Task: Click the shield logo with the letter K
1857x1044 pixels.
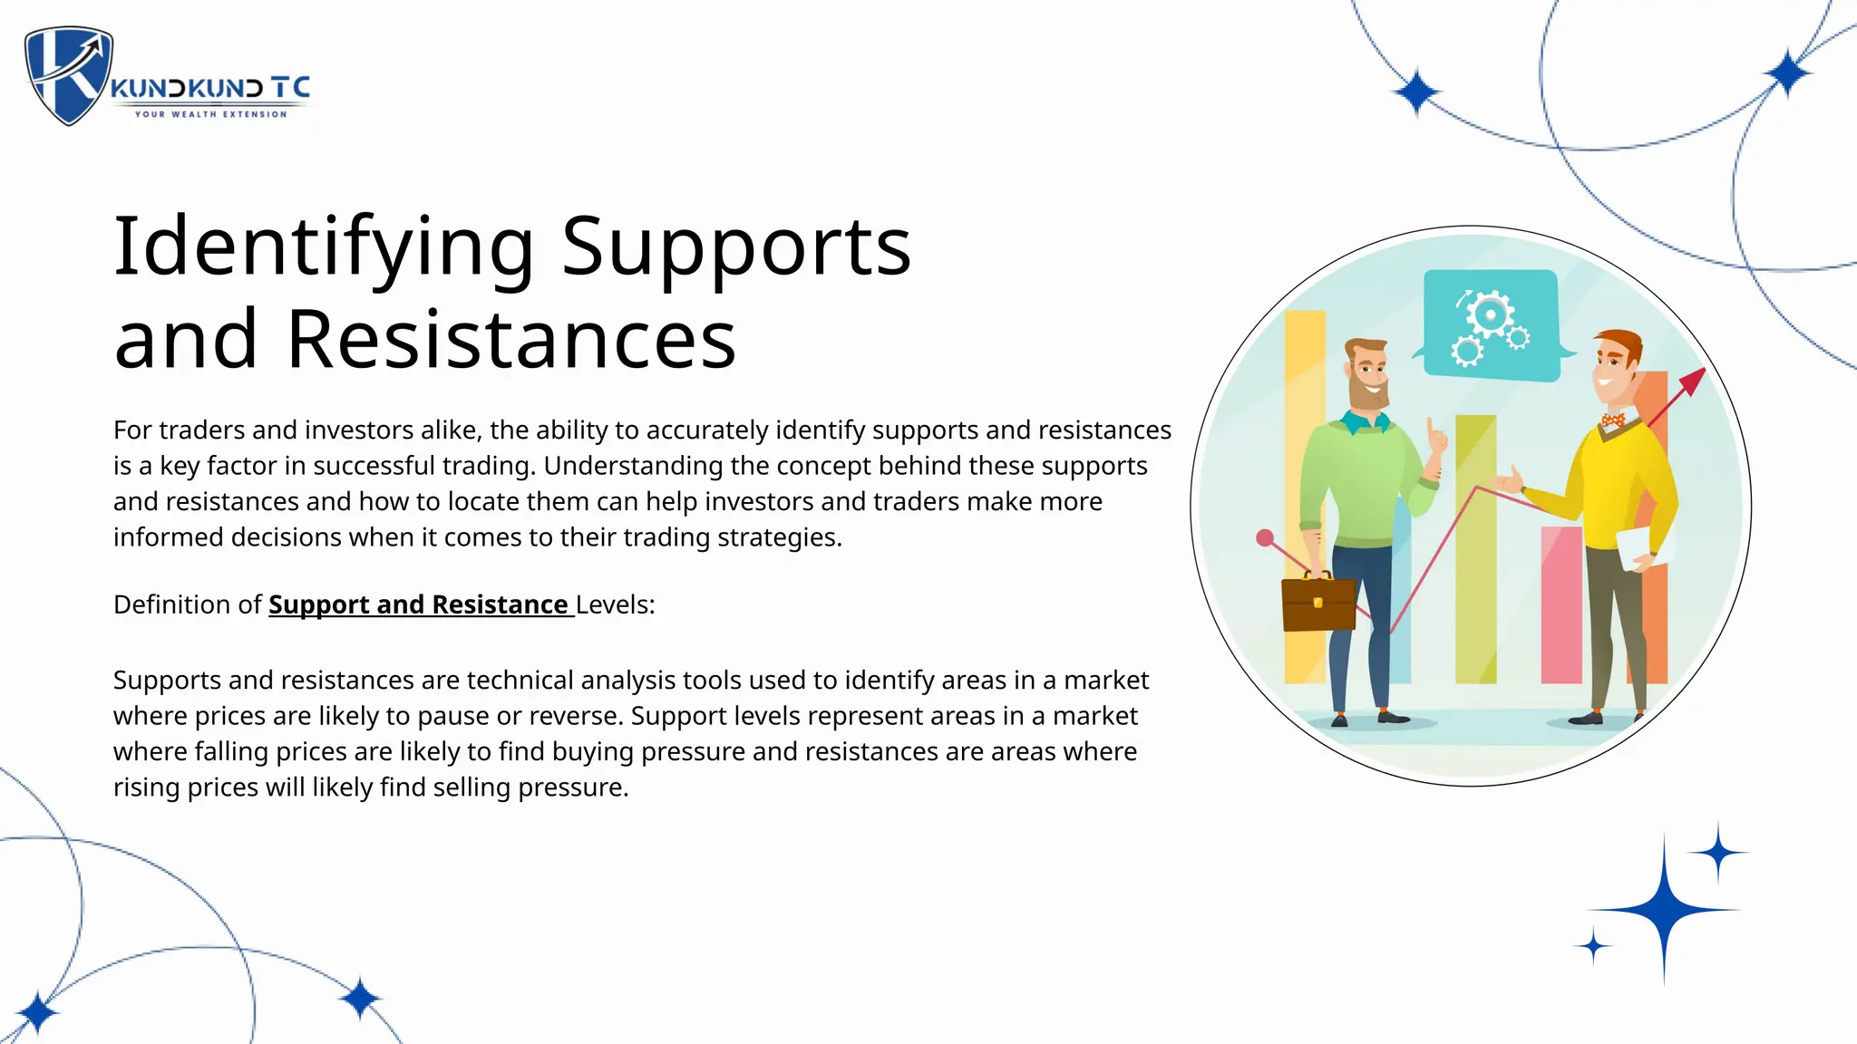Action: [x=69, y=74]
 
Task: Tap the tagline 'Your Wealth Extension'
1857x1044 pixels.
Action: [x=210, y=114]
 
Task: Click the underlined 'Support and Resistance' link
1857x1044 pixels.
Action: [x=419, y=604]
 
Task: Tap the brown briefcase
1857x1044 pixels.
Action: [x=1318, y=603]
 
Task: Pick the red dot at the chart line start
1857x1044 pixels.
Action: [x=1265, y=538]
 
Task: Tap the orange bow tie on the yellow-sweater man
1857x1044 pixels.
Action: [x=1612, y=420]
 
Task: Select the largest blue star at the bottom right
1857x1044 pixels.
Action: [x=1664, y=909]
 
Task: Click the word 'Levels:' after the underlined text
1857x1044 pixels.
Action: [x=615, y=604]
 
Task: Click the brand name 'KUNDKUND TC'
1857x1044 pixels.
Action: [x=210, y=88]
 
